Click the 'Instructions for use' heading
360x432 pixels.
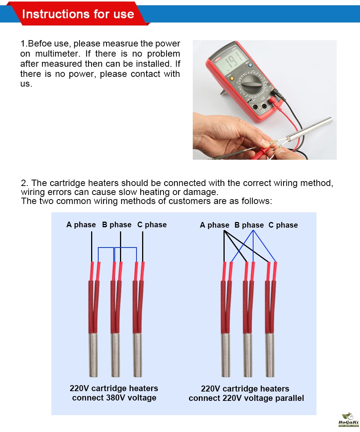78,14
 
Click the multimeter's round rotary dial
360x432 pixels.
252,84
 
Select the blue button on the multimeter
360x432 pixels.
250,66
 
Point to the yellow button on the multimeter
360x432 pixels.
232,78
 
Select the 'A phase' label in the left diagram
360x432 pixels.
81,225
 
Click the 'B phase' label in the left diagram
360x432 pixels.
117,225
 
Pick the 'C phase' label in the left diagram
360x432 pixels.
152,225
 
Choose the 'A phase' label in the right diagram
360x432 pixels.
214,225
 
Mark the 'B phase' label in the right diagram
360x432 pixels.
249,225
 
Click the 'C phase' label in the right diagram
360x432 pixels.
283,225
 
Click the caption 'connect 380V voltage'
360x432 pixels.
114,397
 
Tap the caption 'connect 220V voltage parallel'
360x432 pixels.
246,398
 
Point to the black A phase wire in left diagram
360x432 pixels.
92,247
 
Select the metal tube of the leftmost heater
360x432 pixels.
93,355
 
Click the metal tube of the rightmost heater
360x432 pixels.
270,355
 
